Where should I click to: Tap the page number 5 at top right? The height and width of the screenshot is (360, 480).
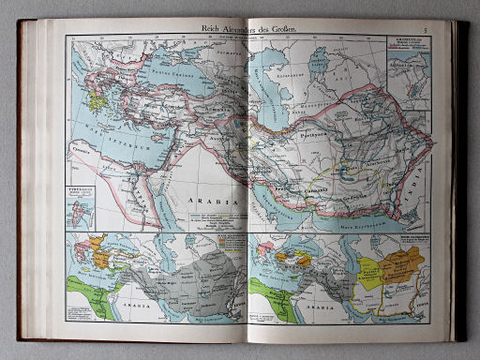point(425,32)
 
